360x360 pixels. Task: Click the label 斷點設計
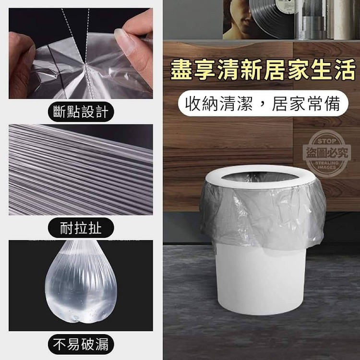[81, 112]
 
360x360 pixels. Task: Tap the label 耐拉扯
[81, 228]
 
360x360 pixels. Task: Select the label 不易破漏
[81, 344]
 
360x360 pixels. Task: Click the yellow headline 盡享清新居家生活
[263, 70]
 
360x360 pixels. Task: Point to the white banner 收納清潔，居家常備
[263, 103]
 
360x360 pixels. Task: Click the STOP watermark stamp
[327, 154]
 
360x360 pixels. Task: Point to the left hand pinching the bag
[21, 65]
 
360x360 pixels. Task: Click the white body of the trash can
[261, 279]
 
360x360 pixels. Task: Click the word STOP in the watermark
[327, 141]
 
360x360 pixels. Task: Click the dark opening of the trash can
[259, 177]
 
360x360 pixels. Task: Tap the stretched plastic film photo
[81, 169]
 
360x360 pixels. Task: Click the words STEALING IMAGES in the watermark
[327, 165]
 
